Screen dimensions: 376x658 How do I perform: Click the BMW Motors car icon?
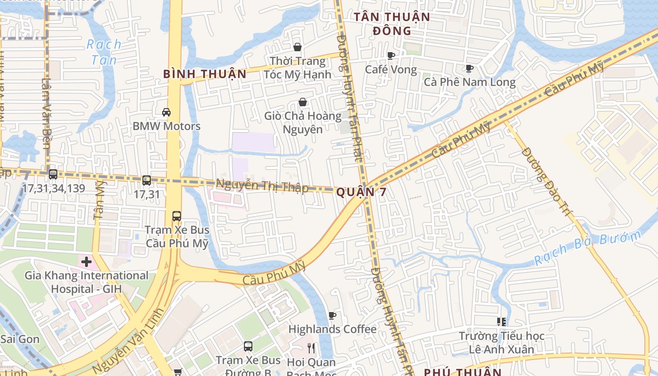point(166,112)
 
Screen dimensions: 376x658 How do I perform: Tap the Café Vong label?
point(391,70)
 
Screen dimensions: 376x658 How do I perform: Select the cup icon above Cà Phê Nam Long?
point(469,69)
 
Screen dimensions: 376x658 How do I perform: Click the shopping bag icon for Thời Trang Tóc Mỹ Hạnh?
point(297,47)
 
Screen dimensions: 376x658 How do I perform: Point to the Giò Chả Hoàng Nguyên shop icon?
point(303,102)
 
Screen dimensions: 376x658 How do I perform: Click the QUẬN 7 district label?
point(361,192)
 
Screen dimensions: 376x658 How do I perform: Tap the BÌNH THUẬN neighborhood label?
point(204,74)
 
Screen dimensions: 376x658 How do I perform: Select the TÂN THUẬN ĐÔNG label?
point(392,24)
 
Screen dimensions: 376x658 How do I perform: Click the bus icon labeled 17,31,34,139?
point(53,174)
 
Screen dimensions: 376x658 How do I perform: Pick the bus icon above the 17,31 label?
point(147,180)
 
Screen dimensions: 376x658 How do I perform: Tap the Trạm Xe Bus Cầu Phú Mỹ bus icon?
point(177,216)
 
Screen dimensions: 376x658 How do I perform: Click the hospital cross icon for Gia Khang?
point(86,261)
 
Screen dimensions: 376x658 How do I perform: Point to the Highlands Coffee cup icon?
point(332,315)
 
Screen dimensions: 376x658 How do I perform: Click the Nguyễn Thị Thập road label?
point(262,185)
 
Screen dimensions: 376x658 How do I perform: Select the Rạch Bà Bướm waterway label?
point(587,248)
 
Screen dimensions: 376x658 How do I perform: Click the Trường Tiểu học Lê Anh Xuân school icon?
point(501,322)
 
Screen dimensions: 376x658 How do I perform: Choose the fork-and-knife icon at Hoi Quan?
point(311,348)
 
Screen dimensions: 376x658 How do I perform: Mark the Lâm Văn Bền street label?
point(46,113)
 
